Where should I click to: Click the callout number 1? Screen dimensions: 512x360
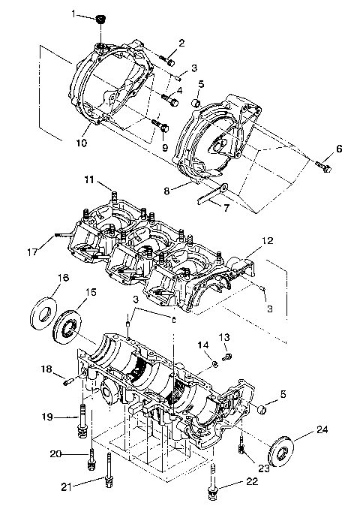74,14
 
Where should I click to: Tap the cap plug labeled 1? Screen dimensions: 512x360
100,19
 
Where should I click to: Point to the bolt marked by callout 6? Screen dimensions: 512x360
323,165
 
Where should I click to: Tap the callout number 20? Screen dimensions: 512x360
75,453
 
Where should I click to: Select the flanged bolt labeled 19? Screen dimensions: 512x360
81,417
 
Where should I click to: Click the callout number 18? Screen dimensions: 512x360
47,369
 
